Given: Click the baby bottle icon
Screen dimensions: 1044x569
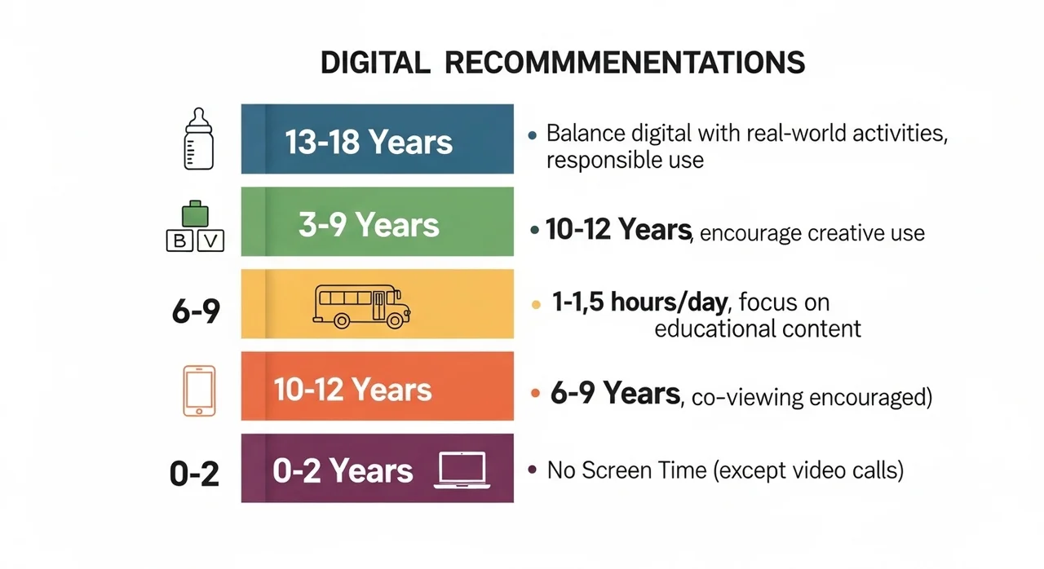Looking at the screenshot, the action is pos(199,139).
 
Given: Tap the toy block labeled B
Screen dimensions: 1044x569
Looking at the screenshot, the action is pos(179,240).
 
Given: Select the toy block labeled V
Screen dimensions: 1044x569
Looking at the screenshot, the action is pos(210,240).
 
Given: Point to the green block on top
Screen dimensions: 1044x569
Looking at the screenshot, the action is pos(195,214).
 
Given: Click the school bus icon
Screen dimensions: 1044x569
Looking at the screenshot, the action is pos(361,307).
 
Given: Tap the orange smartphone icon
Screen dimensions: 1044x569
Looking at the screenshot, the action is pos(199,390).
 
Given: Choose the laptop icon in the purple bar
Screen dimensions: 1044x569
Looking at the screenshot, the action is pos(462,470).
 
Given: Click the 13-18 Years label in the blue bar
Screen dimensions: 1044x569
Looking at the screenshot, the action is pos(369,142).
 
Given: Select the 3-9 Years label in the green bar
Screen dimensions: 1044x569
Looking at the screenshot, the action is pos(369,224).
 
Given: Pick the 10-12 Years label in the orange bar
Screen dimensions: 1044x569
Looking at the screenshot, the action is pos(353,390).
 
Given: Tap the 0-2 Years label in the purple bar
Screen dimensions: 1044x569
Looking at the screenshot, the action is pos(343,470).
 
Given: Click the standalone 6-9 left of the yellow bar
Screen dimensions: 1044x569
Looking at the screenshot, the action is pos(196,311).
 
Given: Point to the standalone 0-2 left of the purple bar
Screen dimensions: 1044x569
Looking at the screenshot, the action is pos(194,474).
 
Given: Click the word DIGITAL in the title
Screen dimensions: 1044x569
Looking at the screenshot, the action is pos(375,63).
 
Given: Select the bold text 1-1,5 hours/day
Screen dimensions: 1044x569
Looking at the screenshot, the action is pos(639,302).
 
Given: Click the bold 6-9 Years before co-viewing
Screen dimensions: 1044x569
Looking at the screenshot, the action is pos(615,393).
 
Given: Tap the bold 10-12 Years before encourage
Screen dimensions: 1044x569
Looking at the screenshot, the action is pos(618,229).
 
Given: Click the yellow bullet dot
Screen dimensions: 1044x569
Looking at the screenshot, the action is pos(536,305).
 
